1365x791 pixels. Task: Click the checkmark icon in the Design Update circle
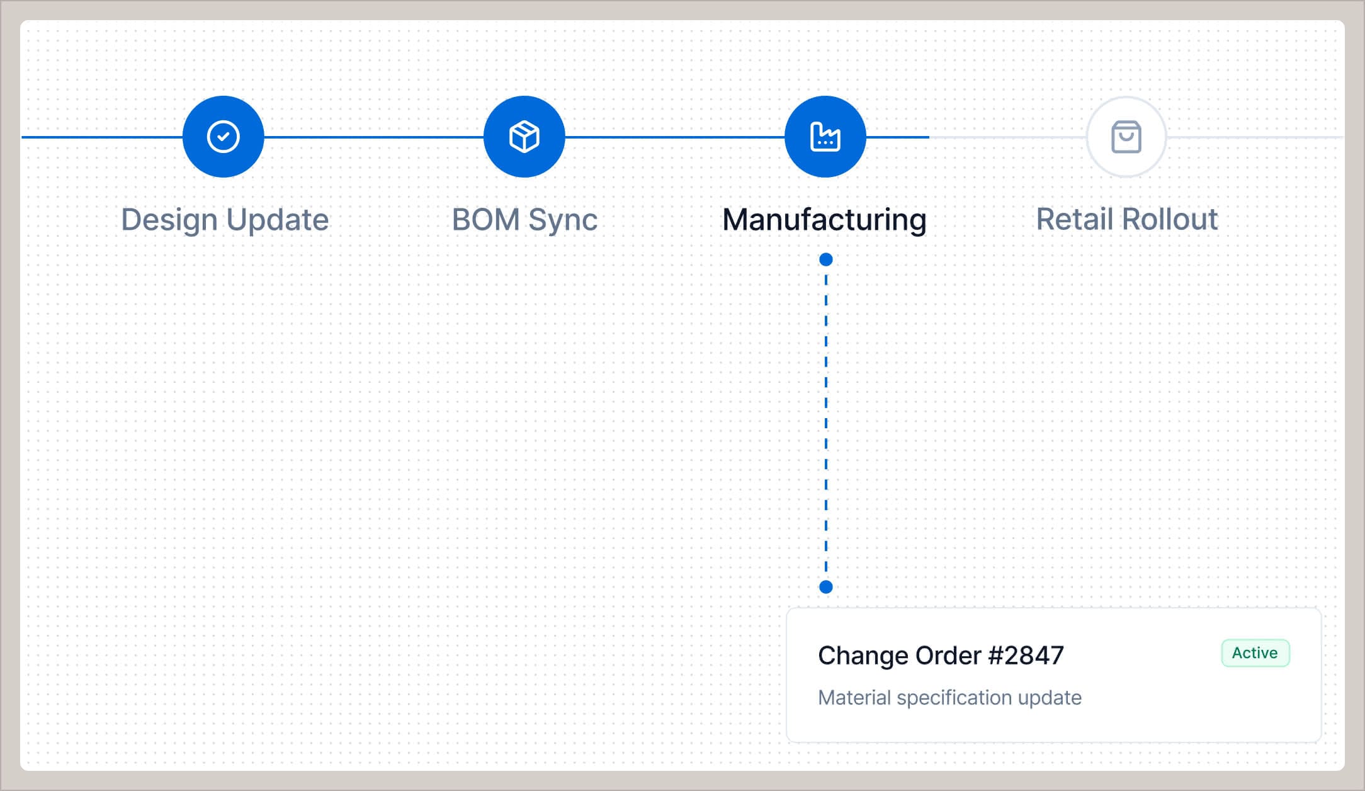pyautogui.click(x=223, y=137)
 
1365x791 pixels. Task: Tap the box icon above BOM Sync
pyautogui.click(x=524, y=137)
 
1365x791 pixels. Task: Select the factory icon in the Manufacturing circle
pyautogui.click(x=825, y=137)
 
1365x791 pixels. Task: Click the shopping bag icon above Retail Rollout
pyautogui.click(x=1126, y=137)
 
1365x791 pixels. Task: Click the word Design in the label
pyautogui.click(x=169, y=220)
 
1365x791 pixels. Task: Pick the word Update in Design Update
pyautogui.click(x=277, y=220)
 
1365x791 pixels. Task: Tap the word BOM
pyautogui.click(x=485, y=220)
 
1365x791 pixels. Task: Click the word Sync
pyautogui.click(x=562, y=220)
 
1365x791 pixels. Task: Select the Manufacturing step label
pyautogui.click(x=824, y=220)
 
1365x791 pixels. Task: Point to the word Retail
pyautogui.click(x=1075, y=220)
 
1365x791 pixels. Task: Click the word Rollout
pyautogui.click(x=1170, y=220)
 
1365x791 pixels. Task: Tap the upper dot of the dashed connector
pyautogui.click(x=826, y=259)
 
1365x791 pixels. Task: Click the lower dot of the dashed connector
pyautogui.click(x=826, y=587)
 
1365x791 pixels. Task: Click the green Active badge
pyautogui.click(x=1255, y=653)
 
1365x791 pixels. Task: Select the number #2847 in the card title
pyautogui.click(x=1026, y=656)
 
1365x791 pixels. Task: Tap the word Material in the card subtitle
pyautogui.click(x=854, y=698)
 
